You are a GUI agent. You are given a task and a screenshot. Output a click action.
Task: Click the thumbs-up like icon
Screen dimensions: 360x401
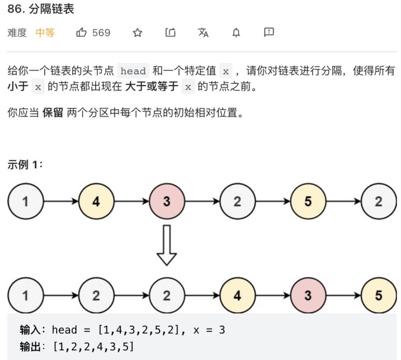(81, 33)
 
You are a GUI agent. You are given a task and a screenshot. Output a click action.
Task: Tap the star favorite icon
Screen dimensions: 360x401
(137, 33)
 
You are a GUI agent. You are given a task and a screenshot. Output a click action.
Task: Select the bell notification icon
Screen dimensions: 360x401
(236, 33)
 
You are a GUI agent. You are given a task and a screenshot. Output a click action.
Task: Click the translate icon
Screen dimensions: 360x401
(203, 33)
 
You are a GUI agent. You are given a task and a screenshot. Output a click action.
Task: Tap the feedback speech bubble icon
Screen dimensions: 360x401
(269, 32)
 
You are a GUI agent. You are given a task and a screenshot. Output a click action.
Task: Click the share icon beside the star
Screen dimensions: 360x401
(170, 33)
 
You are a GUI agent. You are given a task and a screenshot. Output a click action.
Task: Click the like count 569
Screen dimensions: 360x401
(101, 33)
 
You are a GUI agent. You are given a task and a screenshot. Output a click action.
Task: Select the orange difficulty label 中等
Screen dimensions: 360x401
(45, 33)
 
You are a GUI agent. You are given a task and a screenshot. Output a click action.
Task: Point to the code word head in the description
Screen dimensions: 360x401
(133, 71)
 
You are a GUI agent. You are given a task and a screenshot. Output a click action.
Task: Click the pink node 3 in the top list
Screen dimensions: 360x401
(167, 201)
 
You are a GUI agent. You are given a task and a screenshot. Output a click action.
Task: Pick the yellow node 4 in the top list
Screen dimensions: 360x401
(96, 201)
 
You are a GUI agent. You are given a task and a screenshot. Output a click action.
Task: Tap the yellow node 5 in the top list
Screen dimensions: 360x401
(308, 201)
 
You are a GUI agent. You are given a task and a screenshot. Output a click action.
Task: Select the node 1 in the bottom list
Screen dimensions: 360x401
(25, 296)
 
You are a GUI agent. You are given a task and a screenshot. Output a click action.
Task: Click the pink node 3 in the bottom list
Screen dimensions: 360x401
(308, 296)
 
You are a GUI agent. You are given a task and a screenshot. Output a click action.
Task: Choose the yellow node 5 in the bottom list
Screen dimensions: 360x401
(378, 296)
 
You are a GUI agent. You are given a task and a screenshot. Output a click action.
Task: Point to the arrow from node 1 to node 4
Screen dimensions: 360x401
(61, 201)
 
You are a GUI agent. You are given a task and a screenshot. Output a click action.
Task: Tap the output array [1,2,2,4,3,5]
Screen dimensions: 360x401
(93, 347)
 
